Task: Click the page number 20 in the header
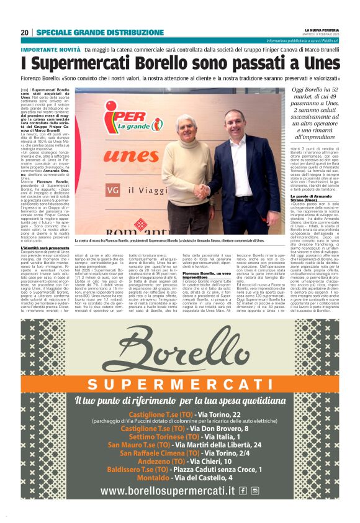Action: pyautogui.click(x=24, y=32)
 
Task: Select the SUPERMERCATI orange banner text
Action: pyautogui.click(x=180, y=384)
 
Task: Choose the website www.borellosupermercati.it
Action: pyautogui.click(x=168, y=491)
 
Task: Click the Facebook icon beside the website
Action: pyautogui.click(x=243, y=491)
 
